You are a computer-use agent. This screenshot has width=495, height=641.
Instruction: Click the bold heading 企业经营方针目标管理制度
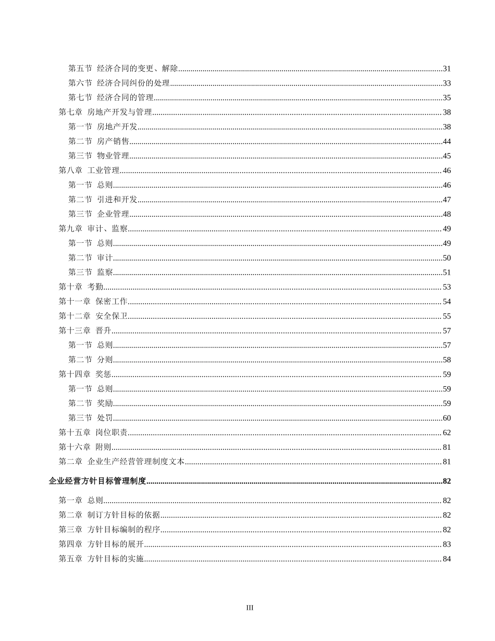point(97,481)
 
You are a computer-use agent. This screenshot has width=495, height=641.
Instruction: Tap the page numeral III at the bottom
point(250,608)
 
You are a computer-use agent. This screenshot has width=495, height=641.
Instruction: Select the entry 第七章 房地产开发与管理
point(105,112)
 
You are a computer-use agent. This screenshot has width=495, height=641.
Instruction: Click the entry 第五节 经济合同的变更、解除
point(123,68)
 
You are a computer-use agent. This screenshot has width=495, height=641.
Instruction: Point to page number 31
point(447,69)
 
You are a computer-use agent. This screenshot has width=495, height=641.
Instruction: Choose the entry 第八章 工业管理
point(89,170)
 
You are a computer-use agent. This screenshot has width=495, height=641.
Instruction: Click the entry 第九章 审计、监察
point(93,229)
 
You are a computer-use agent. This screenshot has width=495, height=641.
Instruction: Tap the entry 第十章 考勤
point(81,287)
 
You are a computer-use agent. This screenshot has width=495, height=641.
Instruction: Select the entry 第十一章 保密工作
point(93,302)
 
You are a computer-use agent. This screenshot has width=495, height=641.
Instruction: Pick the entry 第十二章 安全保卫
point(93,316)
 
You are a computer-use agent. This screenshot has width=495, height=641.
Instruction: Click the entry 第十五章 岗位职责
point(93,433)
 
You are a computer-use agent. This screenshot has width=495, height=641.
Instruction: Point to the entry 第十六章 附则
point(85,447)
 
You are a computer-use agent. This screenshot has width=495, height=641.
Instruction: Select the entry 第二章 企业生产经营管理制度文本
point(121,462)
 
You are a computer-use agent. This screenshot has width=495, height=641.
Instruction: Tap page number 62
point(447,433)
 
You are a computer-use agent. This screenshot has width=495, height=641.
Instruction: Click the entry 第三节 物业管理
point(99,156)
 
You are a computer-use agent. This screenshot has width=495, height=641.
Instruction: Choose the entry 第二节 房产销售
point(99,141)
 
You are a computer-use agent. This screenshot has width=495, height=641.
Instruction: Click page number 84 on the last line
point(447,559)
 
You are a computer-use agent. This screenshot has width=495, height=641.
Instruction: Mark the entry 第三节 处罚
point(91,418)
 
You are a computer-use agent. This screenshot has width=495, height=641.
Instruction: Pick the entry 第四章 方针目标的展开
point(101,545)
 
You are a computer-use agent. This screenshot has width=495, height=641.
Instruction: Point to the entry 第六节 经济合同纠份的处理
point(119,83)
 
